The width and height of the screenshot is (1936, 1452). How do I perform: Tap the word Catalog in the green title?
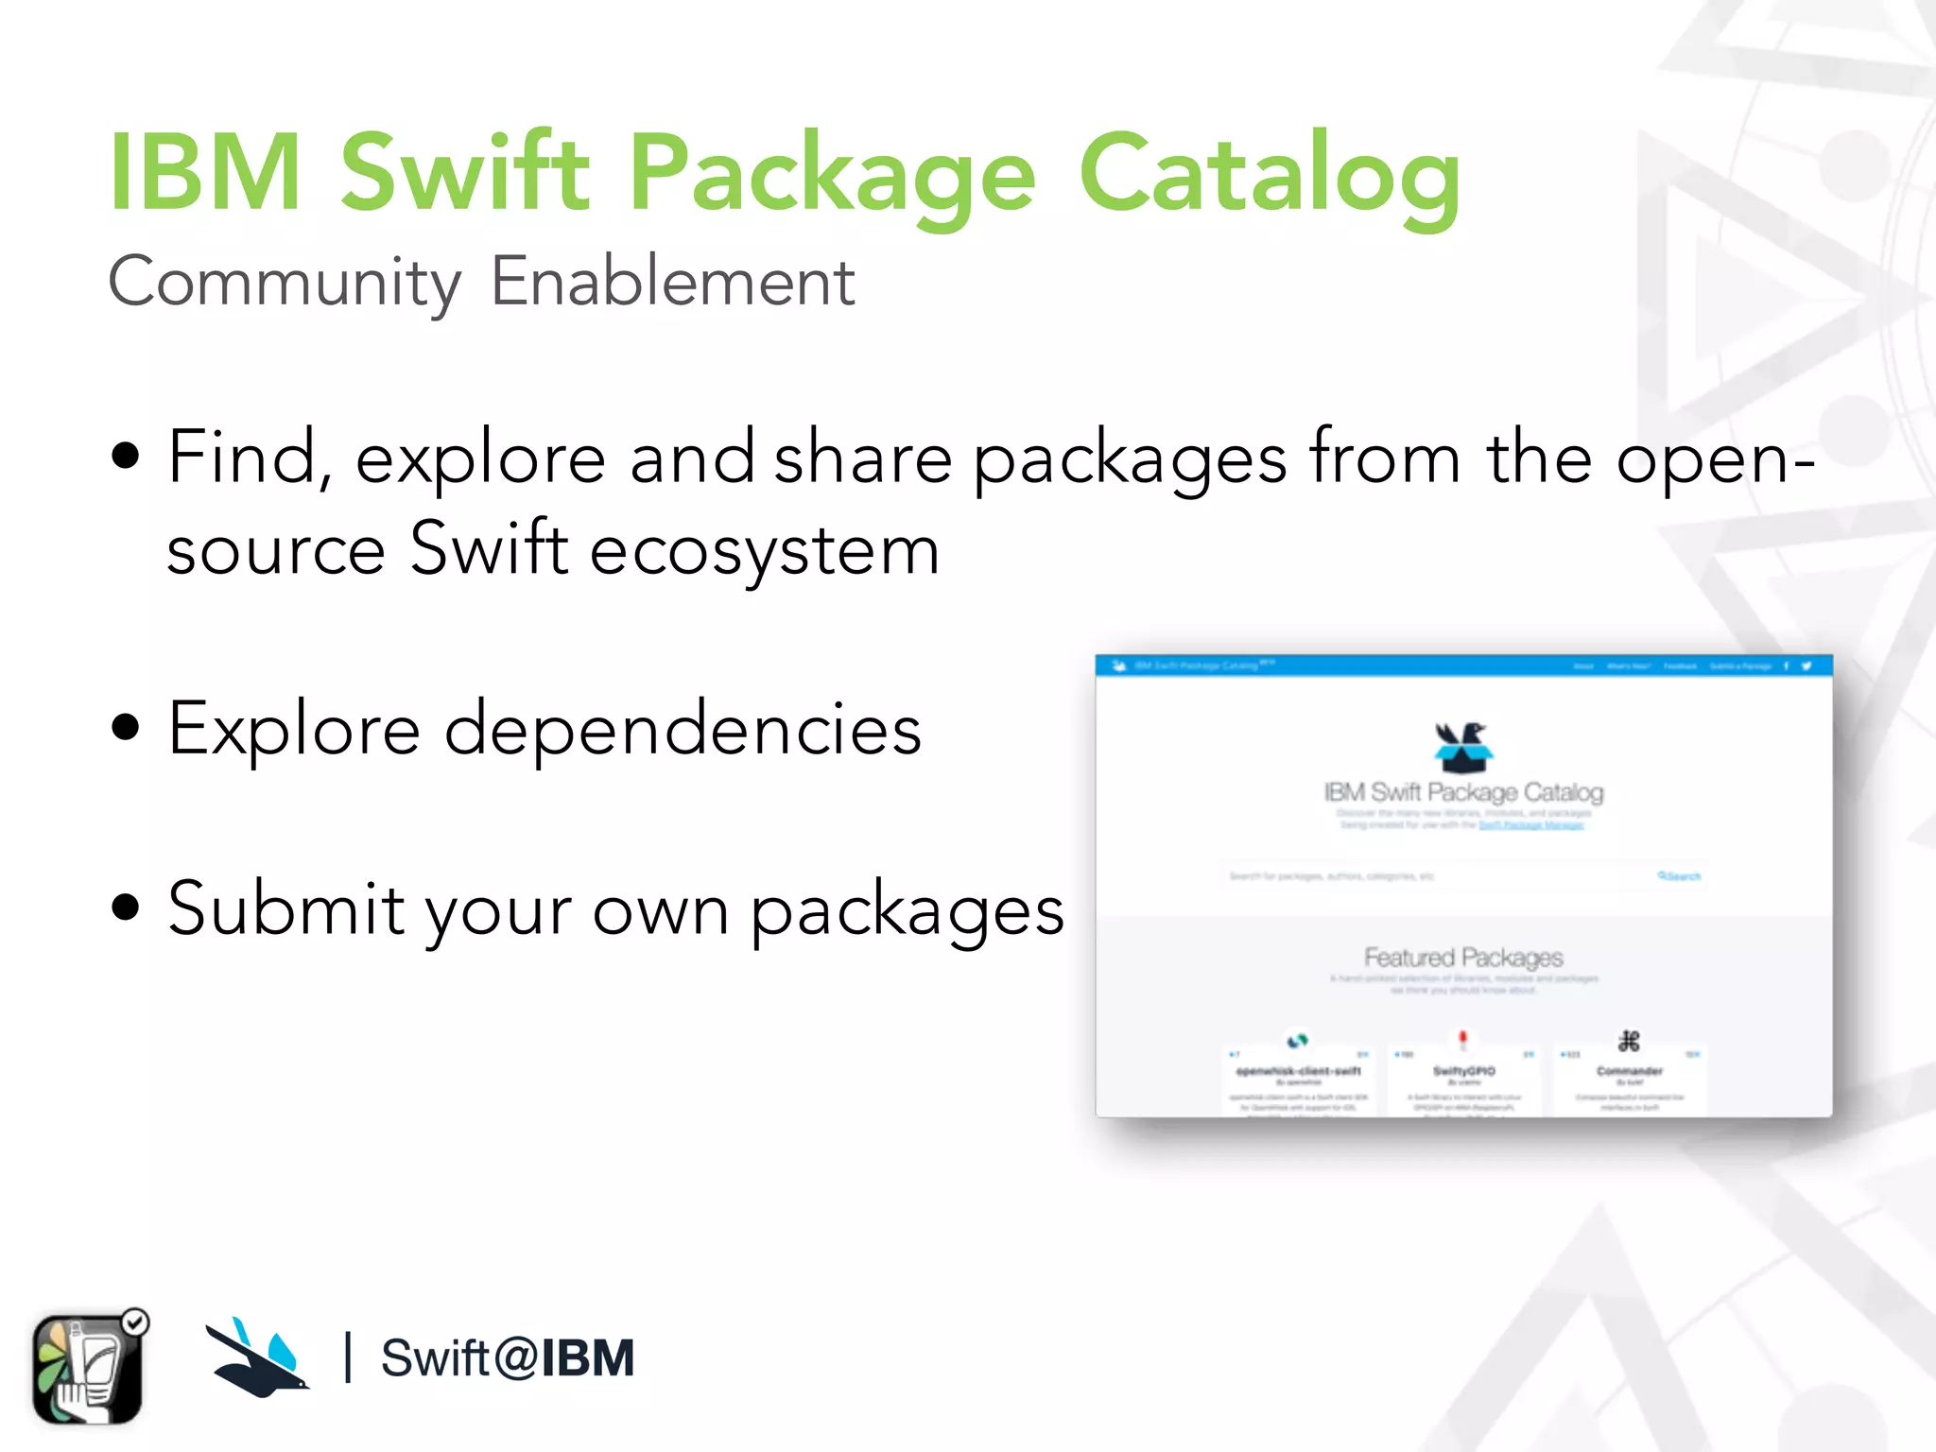click(1269, 175)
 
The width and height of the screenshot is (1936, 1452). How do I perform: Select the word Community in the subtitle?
click(285, 282)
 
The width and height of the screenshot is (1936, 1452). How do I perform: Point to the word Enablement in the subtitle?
click(672, 282)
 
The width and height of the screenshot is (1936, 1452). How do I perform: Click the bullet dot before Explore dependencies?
click(126, 728)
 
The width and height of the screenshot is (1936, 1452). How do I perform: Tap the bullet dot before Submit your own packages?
click(126, 907)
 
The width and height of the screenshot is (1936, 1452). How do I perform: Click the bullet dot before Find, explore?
click(126, 457)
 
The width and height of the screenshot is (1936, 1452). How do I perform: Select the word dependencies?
click(683, 730)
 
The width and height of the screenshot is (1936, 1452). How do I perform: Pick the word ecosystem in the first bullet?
click(765, 550)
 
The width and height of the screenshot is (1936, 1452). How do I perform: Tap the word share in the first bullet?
click(862, 458)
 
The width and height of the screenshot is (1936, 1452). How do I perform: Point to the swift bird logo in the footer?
click(257, 1357)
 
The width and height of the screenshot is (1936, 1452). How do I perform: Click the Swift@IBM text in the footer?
click(507, 1358)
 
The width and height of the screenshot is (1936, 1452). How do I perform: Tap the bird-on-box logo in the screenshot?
click(1462, 746)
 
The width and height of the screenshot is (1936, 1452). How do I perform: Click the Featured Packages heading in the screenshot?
click(1463, 958)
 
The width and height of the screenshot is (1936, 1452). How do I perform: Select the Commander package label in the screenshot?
click(1629, 1071)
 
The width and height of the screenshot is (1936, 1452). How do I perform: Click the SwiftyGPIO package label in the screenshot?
click(1463, 1071)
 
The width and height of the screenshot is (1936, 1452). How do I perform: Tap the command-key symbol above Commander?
click(1629, 1042)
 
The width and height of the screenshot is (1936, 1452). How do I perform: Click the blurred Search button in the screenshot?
click(1679, 876)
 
